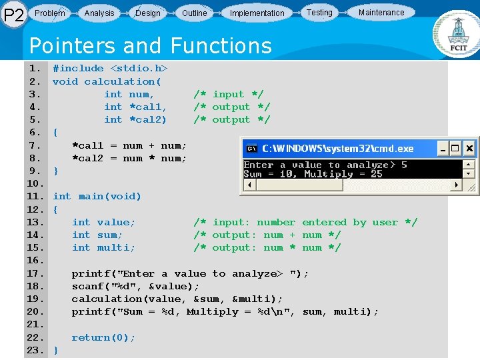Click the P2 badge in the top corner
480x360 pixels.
[x=14, y=15]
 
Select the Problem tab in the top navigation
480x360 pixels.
[x=50, y=13]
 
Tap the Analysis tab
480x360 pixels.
[x=99, y=13]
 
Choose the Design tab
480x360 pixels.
[x=147, y=13]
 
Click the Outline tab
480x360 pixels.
[x=194, y=13]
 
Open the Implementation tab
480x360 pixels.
[x=257, y=13]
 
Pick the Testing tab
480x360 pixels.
[x=319, y=12]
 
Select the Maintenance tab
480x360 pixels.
[x=381, y=12]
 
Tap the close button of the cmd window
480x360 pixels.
[x=469, y=148]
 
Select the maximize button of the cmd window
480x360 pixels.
[x=454, y=148]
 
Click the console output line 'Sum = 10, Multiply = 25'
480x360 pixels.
[x=313, y=174]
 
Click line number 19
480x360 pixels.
[x=35, y=299]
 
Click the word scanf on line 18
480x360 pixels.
[x=87, y=286]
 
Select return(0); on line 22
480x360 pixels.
[x=103, y=337]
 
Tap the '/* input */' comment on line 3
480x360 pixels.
[x=228, y=94]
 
